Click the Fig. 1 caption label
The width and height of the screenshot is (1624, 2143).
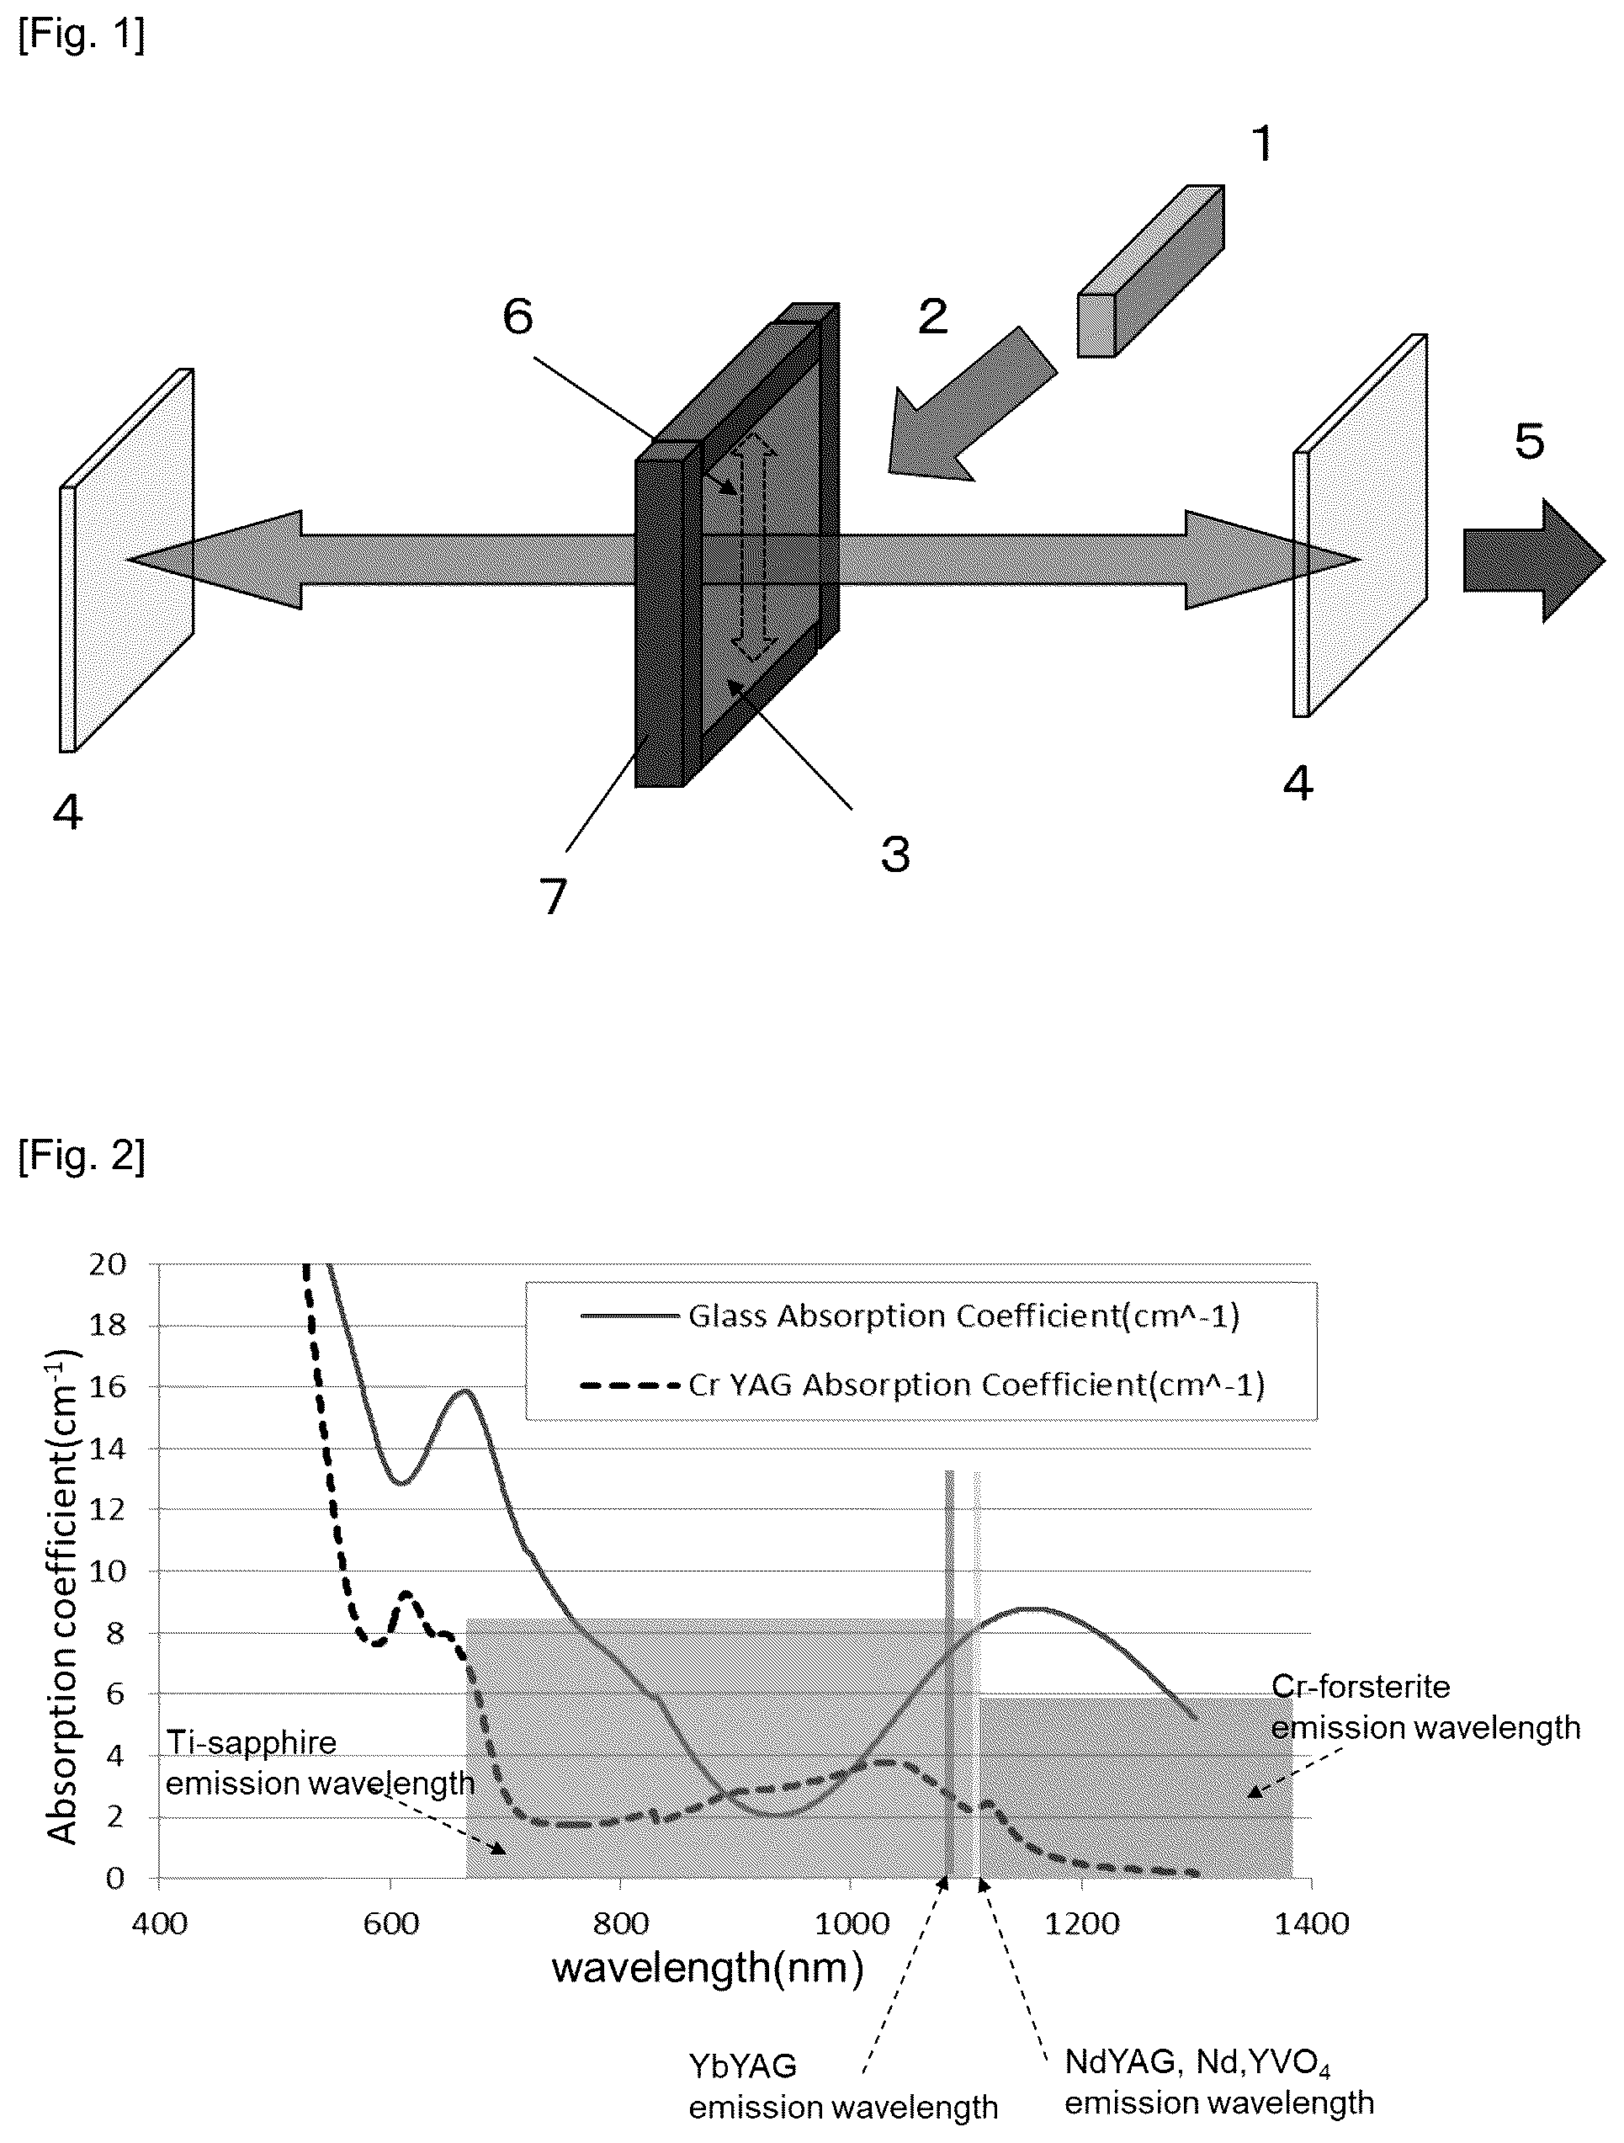click(82, 37)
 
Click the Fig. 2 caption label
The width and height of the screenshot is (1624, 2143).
click(82, 1155)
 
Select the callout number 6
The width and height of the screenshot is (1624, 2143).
click(518, 316)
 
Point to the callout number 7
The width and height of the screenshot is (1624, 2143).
click(553, 897)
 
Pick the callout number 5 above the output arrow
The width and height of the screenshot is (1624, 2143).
click(1529, 442)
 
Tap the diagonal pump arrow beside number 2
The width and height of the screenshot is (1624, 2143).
click(971, 404)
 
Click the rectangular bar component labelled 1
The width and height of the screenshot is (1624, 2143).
click(1151, 271)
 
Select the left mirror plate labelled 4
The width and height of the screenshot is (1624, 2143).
click(127, 560)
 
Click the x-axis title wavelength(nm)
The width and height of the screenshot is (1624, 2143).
click(707, 1968)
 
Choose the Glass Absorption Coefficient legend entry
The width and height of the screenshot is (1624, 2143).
click(910, 1316)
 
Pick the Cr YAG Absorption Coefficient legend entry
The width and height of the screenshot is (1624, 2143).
click(923, 1385)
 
